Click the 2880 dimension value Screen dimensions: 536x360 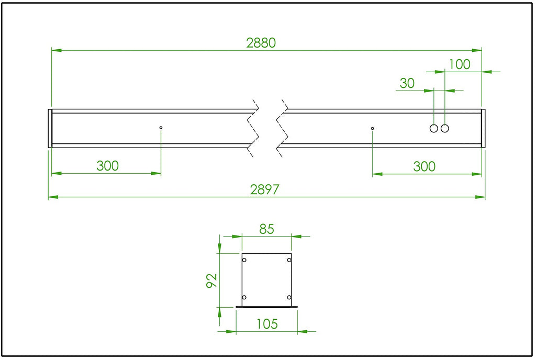pos(261,43)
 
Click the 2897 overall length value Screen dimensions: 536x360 pos(264,189)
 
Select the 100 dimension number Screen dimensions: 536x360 pos(460,64)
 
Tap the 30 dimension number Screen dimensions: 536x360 pos(407,83)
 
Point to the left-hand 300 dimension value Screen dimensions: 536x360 pos(107,166)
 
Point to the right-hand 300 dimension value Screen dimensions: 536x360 pos(424,166)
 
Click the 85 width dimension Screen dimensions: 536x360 pos(266,229)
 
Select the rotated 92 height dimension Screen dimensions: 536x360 pos(212,280)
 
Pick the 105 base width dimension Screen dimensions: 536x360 pos(267,324)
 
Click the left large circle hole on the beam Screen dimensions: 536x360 pos(434,128)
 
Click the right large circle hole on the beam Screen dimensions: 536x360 pos(445,128)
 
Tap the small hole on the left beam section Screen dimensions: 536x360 pos(161,128)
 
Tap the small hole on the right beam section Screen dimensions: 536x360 pos(373,128)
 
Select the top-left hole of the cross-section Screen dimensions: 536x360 pos(244,260)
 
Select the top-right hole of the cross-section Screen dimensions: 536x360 pos(289,260)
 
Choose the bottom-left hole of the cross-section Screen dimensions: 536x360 pos(244,298)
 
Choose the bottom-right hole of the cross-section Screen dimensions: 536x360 pos(289,298)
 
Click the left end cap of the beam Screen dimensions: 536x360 pos(50,128)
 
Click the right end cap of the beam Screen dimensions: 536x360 pos(483,128)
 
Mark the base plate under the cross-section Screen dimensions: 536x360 pos(266,307)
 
